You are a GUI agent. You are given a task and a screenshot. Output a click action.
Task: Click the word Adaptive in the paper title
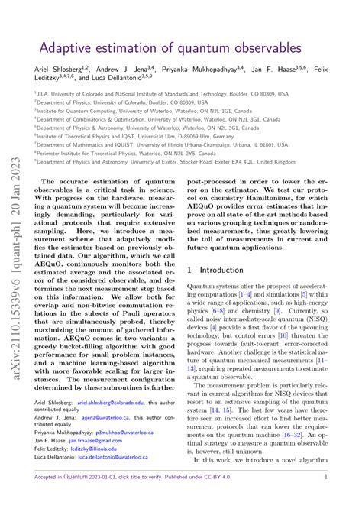click(66, 47)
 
